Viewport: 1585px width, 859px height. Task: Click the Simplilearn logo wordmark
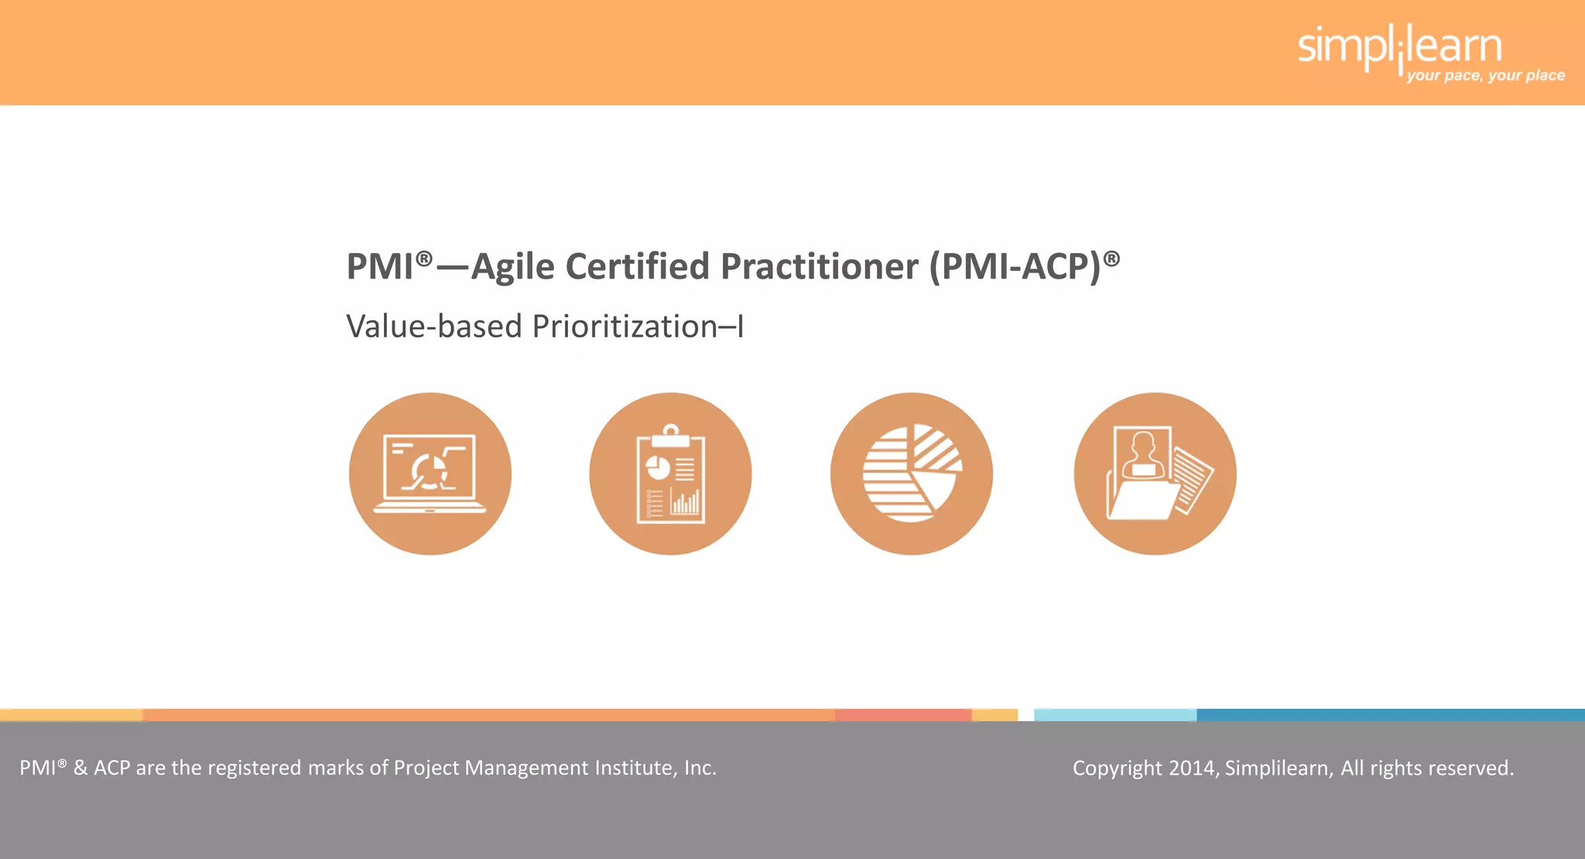pos(1399,46)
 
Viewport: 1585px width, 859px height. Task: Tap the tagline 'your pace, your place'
pos(1485,76)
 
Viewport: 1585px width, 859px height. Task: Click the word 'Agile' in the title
pos(512,267)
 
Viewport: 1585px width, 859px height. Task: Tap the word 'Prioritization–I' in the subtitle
pos(638,327)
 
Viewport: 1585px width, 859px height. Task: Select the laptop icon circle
pos(430,474)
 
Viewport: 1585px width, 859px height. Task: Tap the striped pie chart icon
pos(912,474)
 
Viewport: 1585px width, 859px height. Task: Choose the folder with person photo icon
pos(1155,474)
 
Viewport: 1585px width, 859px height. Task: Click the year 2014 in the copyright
pos(1192,768)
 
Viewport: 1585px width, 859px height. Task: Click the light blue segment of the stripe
pos(1114,715)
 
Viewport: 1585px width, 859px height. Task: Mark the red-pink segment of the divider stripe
pos(902,715)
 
